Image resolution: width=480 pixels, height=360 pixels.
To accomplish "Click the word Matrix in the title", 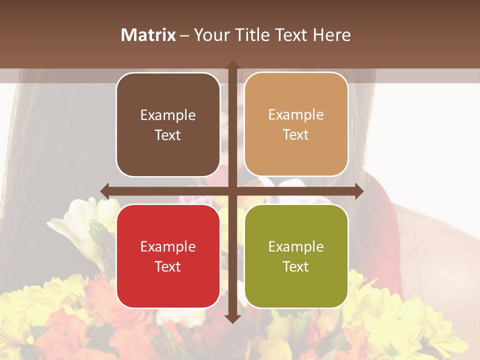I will click(x=148, y=35).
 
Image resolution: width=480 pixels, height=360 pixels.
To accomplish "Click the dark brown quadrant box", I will click(x=168, y=124).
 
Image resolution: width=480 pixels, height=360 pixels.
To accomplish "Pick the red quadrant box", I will click(x=168, y=256).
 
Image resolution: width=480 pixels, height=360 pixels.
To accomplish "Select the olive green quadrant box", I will click(x=296, y=256).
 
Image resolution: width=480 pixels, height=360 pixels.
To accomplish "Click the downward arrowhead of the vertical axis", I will click(x=232, y=318).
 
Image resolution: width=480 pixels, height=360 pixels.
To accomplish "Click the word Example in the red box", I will click(x=168, y=246).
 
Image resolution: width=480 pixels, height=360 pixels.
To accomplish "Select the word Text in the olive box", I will click(x=296, y=266).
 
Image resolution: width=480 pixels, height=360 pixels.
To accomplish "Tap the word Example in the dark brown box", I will click(x=168, y=115).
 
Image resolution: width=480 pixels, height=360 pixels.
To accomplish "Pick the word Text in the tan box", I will click(x=296, y=134).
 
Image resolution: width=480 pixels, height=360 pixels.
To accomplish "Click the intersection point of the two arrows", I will click(x=232, y=191).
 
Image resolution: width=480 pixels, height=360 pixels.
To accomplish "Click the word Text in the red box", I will click(x=168, y=266).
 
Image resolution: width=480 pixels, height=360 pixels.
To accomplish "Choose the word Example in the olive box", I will click(x=296, y=246).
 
